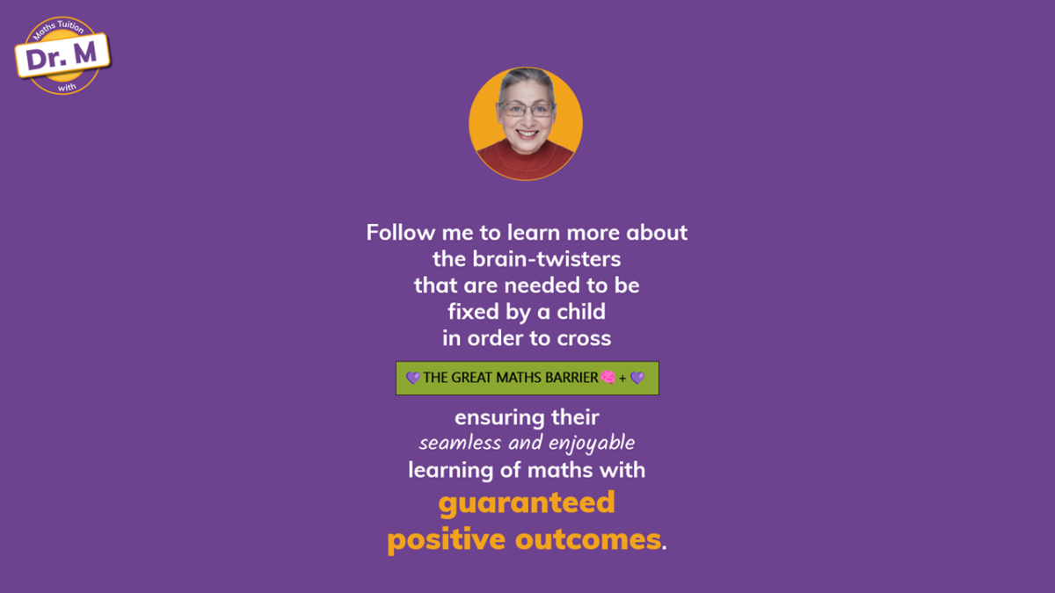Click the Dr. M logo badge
tap(62, 55)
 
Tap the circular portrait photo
tap(526, 124)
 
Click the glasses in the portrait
tap(527, 110)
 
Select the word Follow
tap(401, 233)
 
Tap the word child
tap(581, 312)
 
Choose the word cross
tap(584, 338)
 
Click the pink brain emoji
tap(608, 378)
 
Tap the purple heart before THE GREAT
tap(412, 378)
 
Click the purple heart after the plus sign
tap(637, 378)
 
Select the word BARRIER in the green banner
tap(571, 378)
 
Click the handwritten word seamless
tap(460, 443)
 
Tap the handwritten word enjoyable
tap(592, 444)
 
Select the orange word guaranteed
tap(527, 503)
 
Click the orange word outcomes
tap(588, 539)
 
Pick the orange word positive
tap(447, 540)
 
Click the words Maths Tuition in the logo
tap(58, 28)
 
